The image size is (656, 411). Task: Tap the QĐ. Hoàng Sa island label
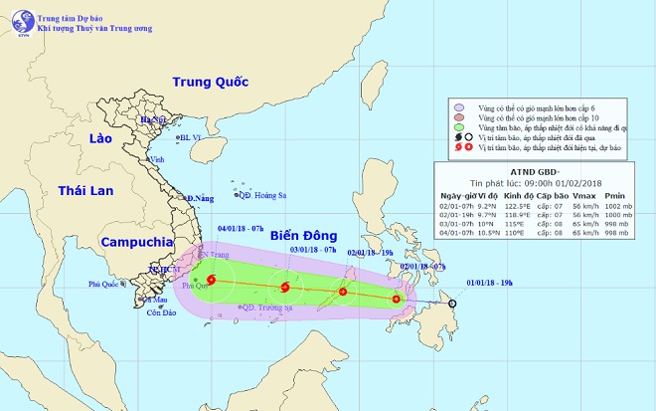coord(262,196)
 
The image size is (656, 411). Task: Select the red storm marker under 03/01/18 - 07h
coord(286,289)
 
